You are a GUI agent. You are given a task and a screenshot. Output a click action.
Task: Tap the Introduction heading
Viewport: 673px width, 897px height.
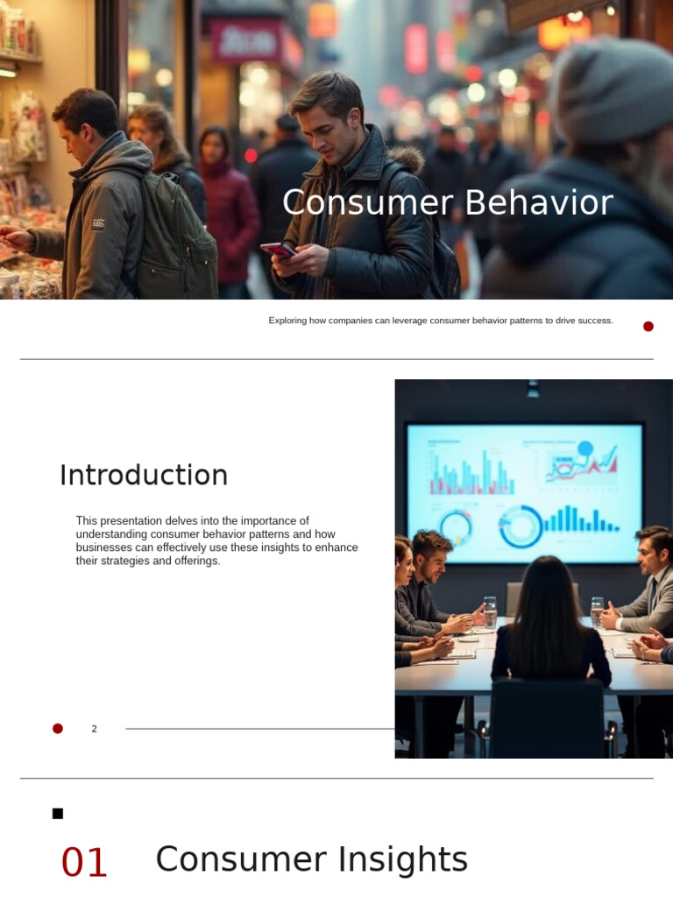coord(144,476)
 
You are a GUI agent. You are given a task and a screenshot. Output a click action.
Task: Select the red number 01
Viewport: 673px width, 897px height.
coord(84,863)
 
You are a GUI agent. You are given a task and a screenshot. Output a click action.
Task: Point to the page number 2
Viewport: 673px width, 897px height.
coord(94,729)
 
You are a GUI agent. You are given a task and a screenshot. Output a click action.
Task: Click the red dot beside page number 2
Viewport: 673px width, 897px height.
coord(58,729)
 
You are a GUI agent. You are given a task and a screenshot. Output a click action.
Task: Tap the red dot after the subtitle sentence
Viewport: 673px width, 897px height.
coord(648,327)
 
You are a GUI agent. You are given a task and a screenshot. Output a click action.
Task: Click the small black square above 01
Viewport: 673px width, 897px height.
coord(58,814)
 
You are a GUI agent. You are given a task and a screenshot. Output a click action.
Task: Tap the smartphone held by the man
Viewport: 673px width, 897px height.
coord(279,251)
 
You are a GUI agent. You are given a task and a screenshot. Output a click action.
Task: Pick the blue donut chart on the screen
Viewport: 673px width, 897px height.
coord(521,527)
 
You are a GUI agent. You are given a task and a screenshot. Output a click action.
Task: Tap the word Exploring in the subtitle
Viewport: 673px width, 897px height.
coord(288,321)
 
